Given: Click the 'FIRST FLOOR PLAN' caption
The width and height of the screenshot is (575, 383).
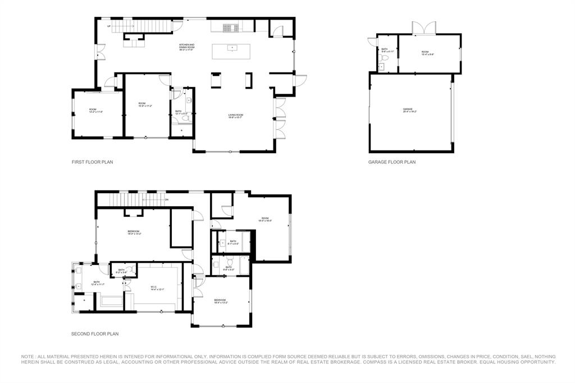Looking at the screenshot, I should pos(92,162).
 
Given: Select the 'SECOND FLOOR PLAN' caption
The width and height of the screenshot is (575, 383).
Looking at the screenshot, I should pos(94,334).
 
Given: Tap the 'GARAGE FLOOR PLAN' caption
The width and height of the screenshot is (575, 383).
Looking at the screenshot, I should pos(392,162).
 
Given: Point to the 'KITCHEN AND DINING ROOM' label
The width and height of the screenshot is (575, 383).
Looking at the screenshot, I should pos(186,46).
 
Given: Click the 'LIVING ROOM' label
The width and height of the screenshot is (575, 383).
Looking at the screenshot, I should pos(235,115).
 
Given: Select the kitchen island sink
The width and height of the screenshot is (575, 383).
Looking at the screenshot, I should pos(230,48).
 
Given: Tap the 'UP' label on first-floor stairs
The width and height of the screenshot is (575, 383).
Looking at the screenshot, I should pos(109,26).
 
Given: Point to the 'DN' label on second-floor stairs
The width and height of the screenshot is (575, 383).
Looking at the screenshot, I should pos(166,199).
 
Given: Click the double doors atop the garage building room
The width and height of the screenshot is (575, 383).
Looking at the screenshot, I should pos(424,28).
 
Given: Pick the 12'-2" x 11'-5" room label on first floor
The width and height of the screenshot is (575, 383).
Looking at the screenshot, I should pos(96,111).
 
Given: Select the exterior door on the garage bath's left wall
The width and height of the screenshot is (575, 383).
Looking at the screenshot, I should pos(372,41).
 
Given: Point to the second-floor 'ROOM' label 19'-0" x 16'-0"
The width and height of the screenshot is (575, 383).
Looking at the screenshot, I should pos(264,220).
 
